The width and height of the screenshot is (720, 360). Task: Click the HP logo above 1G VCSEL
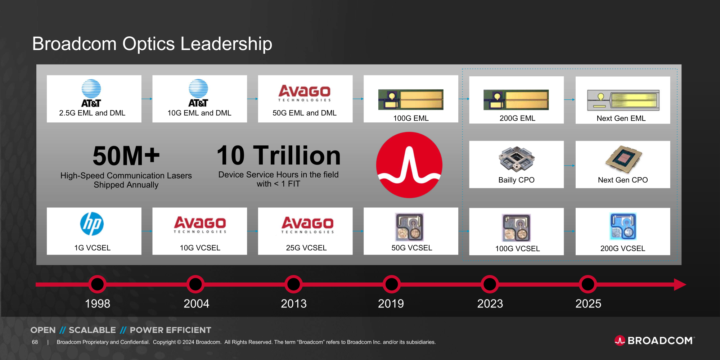pyautogui.click(x=92, y=224)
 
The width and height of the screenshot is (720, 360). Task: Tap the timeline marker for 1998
pyautogui.click(x=97, y=284)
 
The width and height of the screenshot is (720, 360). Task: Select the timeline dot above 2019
pyautogui.click(x=392, y=284)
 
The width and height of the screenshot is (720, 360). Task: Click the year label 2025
pyautogui.click(x=588, y=303)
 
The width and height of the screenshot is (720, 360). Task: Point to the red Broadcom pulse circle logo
pyautogui.click(x=409, y=165)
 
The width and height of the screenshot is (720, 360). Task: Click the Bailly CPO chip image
pyautogui.click(x=517, y=159)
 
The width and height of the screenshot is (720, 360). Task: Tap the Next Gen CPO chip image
pyautogui.click(x=624, y=159)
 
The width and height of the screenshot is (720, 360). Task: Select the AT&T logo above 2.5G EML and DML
pyautogui.click(x=91, y=93)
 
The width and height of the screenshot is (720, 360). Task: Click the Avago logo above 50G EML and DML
pyautogui.click(x=305, y=93)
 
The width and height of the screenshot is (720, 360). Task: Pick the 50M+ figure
pyautogui.click(x=126, y=156)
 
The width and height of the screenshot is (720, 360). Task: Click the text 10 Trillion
pyautogui.click(x=279, y=155)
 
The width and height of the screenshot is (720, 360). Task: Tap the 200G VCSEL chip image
pyautogui.click(x=623, y=226)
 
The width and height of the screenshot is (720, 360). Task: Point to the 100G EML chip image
pyautogui.click(x=411, y=100)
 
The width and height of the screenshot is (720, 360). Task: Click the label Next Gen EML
pyautogui.click(x=621, y=118)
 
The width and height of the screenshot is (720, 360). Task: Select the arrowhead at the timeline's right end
pyautogui.click(x=680, y=284)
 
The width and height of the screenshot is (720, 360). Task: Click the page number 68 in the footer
pyautogui.click(x=35, y=342)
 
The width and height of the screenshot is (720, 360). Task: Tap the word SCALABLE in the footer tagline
pyautogui.click(x=92, y=330)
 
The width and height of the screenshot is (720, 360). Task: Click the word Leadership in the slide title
pyautogui.click(x=226, y=44)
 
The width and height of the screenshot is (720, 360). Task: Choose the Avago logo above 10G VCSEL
pyautogui.click(x=200, y=225)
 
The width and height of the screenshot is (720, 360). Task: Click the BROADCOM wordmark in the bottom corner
pyautogui.click(x=660, y=341)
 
